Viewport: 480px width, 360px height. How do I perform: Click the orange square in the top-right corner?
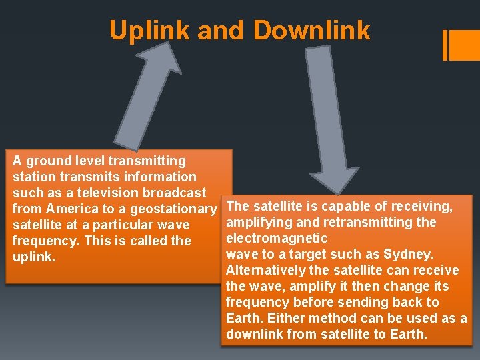pos(465,45)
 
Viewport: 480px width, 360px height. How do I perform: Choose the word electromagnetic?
pos(277,238)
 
